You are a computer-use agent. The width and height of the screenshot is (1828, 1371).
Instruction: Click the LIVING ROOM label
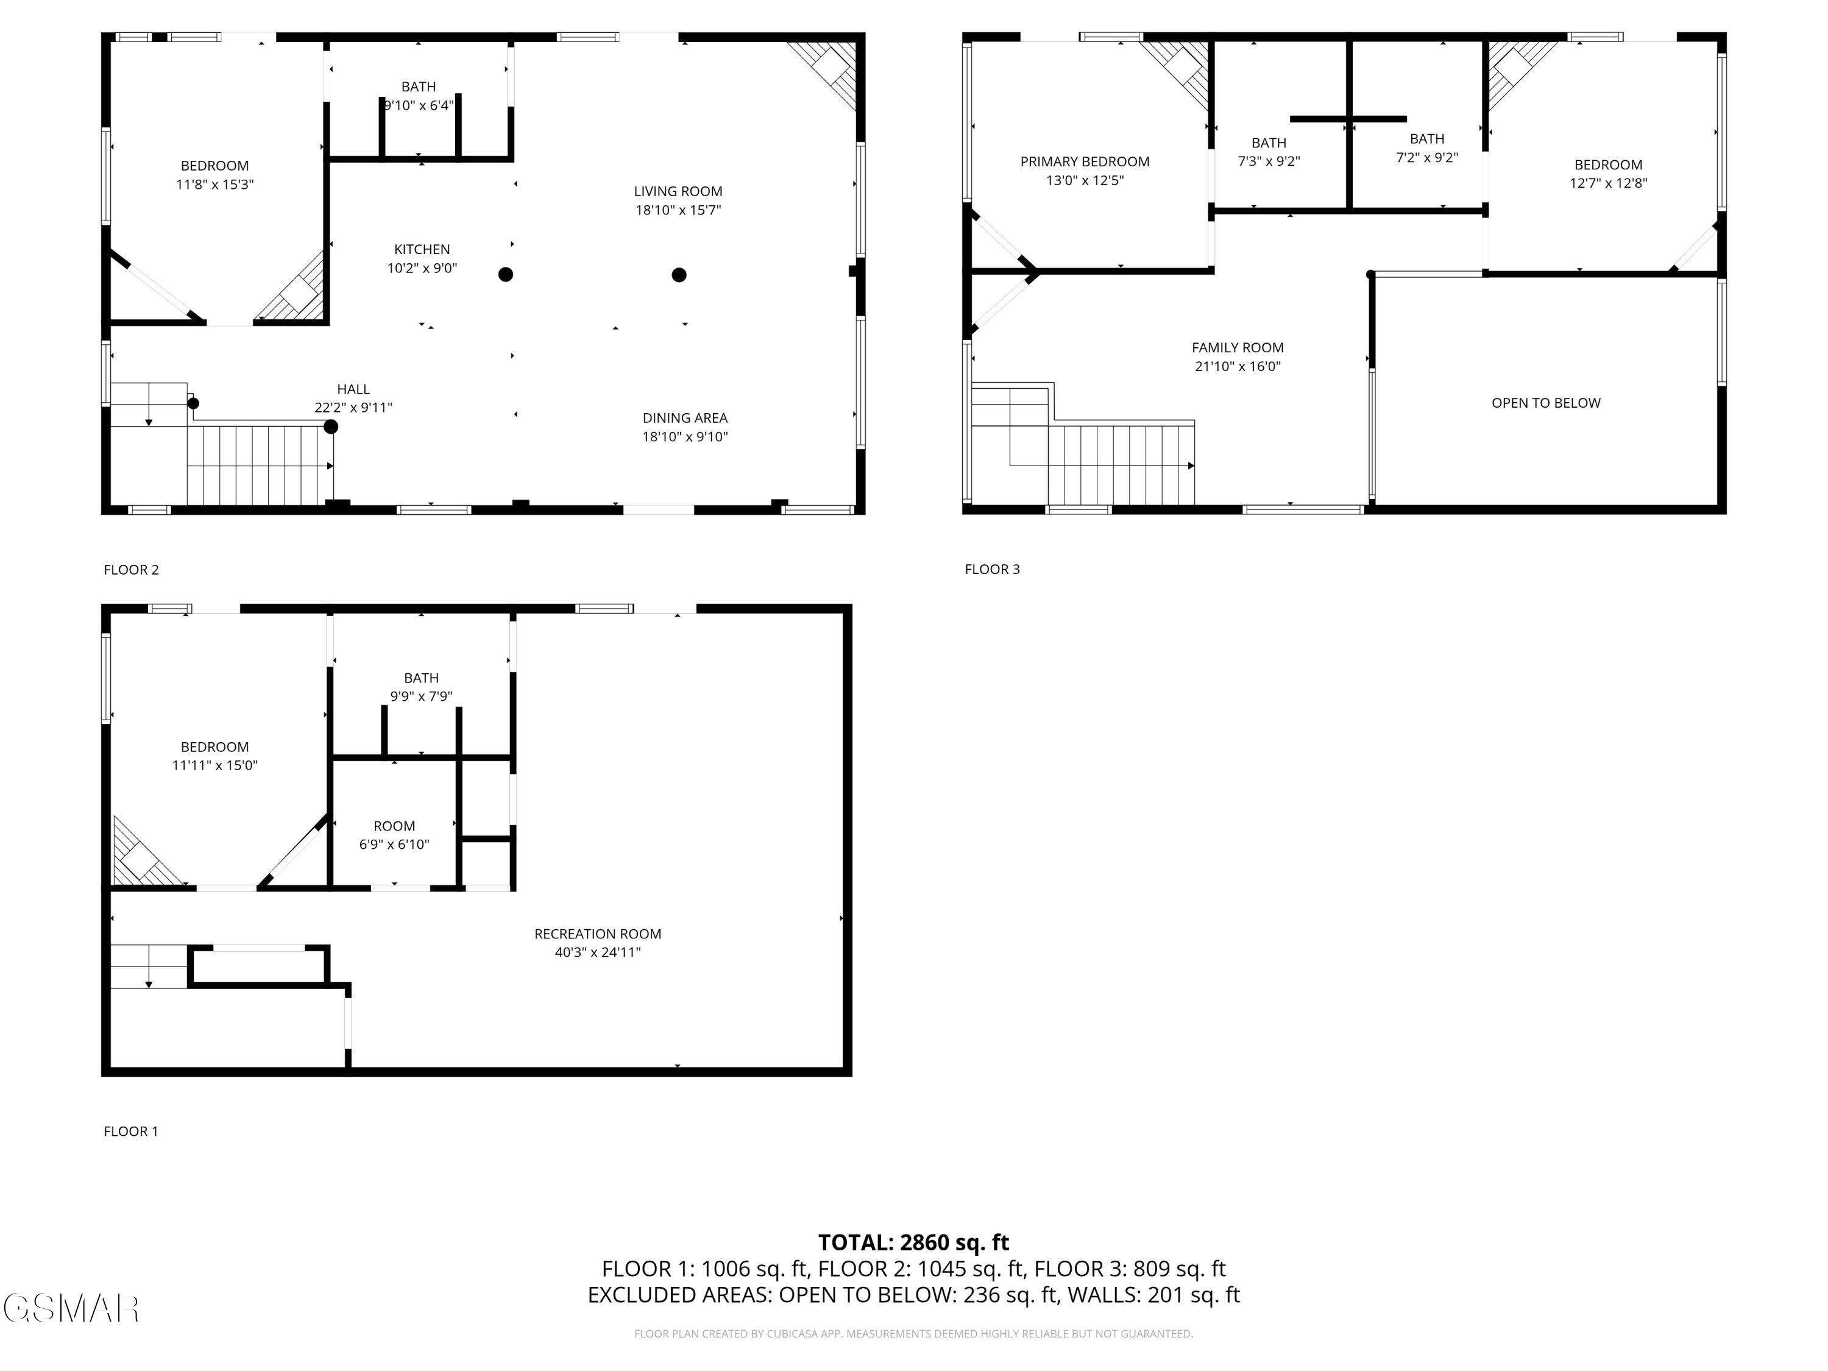(678, 191)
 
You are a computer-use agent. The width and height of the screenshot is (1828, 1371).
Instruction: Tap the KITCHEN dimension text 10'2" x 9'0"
(422, 267)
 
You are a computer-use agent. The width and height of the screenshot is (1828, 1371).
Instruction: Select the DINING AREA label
(685, 418)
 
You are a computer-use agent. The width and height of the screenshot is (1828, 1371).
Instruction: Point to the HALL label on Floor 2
(353, 389)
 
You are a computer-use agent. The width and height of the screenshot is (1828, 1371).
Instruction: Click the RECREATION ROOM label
(598, 934)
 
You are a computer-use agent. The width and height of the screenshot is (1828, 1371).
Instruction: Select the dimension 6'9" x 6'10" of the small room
(394, 845)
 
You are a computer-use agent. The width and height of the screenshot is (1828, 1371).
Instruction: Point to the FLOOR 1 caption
(130, 1132)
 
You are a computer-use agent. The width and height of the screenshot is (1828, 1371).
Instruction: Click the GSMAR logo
(71, 1308)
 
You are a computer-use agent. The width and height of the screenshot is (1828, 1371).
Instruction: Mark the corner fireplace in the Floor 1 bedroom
(144, 854)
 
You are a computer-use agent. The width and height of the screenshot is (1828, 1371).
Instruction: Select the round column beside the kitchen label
(506, 274)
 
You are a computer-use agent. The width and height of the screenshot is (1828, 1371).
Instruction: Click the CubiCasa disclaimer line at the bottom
(913, 1334)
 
